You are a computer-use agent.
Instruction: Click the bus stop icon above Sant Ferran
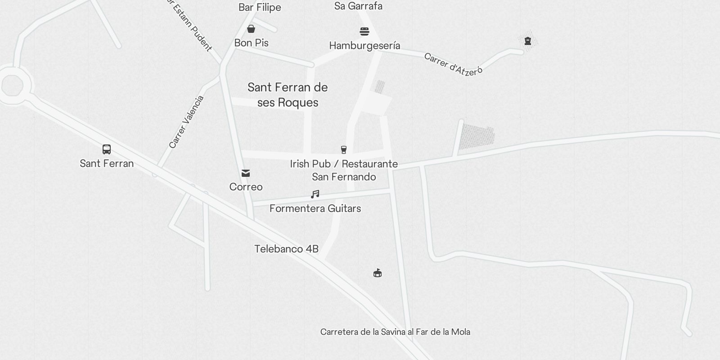(x=107, y=149)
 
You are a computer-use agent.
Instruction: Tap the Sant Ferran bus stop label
(x=107, y=163)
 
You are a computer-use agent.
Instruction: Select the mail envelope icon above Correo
(x=246, y=173)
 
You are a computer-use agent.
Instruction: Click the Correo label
(x=246, y=187)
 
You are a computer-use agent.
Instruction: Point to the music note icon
(x=315, y=194)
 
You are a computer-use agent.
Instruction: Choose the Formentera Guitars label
(x=315, y=208)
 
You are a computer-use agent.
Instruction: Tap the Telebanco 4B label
(x=286, y=249)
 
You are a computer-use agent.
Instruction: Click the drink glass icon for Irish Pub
(x=344, y=150)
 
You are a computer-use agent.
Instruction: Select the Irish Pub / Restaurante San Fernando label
(x=344, y=170)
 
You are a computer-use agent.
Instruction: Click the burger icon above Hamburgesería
(x=364, y=31)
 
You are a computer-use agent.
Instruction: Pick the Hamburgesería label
(x=364, y=45)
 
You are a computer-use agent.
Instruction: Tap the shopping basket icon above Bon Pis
(x=251, y=29)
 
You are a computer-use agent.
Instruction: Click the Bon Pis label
(x=251, y=43)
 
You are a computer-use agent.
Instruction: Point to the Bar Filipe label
(x=260, y=7)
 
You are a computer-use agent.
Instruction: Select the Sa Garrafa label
(x=358, y=6)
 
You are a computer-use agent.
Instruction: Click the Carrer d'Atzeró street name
(x=453, y=64)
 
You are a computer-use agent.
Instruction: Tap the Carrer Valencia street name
(x=186, y=122)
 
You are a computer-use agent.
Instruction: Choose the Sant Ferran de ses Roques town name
(x=288, y=95)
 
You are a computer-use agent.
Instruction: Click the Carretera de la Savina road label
(x=395, y=332)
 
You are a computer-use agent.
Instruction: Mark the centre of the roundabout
(x=12, y=85)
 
